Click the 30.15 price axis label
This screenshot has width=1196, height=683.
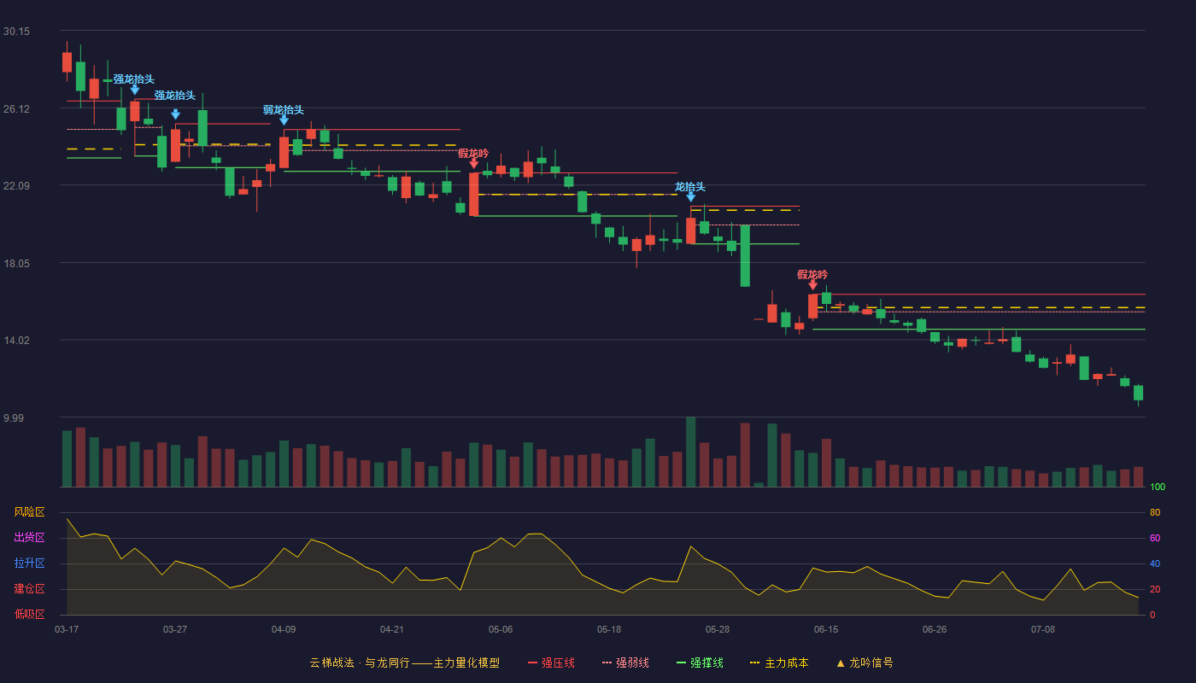pos(16,32)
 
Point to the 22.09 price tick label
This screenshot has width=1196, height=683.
pos(16,186)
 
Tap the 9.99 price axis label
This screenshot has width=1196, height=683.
pos(14,417)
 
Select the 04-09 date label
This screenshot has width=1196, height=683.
pos(284,630)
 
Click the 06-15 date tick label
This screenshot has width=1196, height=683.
pos(826,630)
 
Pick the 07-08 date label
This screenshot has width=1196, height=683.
pos(1043,630)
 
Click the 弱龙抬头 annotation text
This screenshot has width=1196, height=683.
pos(284,110)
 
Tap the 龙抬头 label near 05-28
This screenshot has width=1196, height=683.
pos(690,187)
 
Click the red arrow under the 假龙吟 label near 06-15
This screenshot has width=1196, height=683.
pos(812,285)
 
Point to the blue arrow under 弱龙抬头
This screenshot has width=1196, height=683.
pos(284,120)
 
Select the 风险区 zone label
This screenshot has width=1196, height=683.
pos(29,512)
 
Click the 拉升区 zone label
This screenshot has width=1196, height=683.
pos(29,563)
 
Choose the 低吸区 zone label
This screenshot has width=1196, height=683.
pos(29,614)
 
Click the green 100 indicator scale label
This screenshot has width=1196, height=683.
pos(1158,487)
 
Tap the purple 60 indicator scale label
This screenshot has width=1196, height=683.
pos(1155,538)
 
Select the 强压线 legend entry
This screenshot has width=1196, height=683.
pos(552,663)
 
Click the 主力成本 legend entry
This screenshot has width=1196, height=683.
pos(779,663)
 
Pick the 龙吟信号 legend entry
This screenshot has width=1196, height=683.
pos(865,663)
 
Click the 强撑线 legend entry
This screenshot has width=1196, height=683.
pos(700,663)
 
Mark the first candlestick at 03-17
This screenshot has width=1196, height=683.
pos(67,61)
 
